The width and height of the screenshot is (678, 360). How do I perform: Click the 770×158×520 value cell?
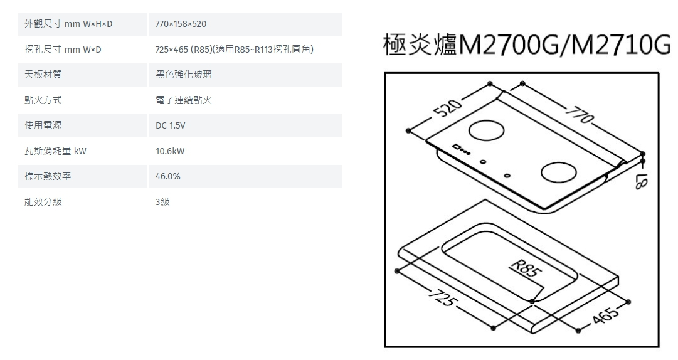(181, 24)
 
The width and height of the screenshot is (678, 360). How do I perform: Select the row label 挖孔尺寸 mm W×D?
(63, 50)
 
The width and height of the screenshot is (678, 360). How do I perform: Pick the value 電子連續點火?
(183, 100)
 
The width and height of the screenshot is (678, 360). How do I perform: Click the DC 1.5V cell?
(170, 126)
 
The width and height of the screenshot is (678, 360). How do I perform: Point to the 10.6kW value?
(170, 152)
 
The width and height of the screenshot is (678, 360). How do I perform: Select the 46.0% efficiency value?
(168, 177)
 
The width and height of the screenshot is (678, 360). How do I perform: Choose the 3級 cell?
(162, 202)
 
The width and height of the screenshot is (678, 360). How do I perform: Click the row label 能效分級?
(43, 202)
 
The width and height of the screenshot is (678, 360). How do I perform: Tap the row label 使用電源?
(43, 126)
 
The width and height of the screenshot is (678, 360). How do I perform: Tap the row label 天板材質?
(43, 75)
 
